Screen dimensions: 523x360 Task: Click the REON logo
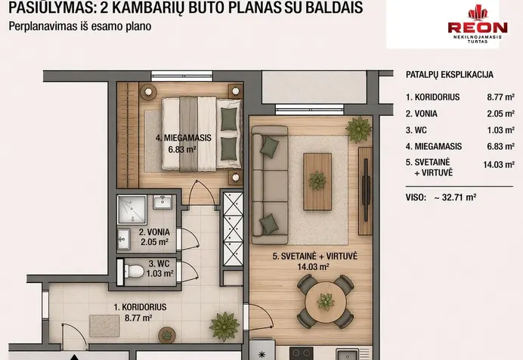point(478,24)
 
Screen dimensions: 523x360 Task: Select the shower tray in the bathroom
point(132,209)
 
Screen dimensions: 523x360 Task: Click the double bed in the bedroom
point(202,134)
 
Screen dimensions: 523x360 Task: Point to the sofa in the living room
point(270,185)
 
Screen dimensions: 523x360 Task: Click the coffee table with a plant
point(317,182)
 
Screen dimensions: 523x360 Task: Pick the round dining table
point(325,302)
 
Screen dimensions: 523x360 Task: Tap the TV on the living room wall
point(366,190)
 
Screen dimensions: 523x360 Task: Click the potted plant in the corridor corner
point(224,326)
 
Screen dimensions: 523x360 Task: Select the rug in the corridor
point(104,326)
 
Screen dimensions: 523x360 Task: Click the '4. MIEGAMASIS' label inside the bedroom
point(184,138)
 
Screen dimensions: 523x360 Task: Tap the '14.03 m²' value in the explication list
point(499,164)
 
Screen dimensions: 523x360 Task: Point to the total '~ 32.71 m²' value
point(455,197)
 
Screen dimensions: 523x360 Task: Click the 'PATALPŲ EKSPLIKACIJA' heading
point(449,75)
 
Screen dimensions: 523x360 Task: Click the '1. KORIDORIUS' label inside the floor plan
point(140,307)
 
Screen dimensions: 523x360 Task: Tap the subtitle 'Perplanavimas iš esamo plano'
point(80,26)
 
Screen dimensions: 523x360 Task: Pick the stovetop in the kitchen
point(302,354)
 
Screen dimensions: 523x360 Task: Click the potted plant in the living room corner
point(359,129)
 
